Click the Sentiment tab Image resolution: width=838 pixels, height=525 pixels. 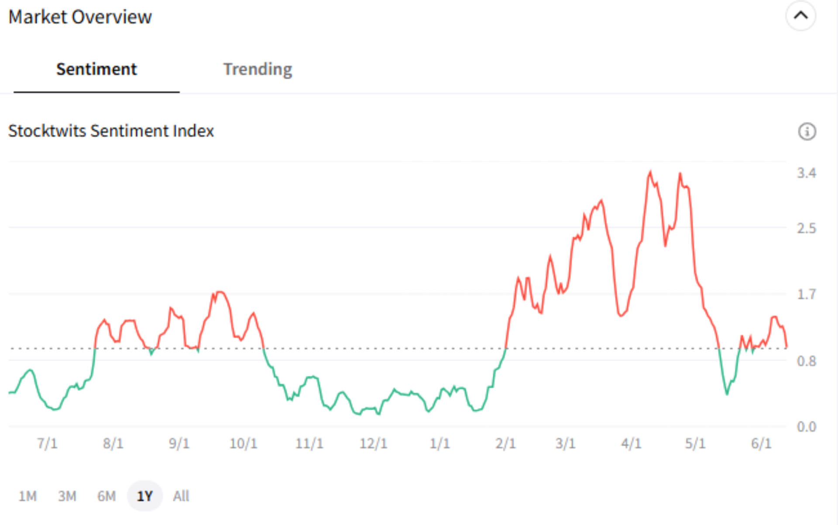[96, 69]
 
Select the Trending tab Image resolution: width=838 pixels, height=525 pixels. [258, 69]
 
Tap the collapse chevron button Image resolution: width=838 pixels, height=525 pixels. [800, 16]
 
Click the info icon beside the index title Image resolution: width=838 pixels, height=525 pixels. [807, 131]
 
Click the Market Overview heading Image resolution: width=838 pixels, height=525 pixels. [80, 17]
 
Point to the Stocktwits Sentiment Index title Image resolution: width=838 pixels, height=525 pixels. [111, 131]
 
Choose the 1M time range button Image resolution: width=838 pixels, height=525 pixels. [27, 496]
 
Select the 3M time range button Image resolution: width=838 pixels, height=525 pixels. [67, 496]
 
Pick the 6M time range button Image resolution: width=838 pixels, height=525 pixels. [106, 496]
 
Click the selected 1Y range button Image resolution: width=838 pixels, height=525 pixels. [145, 496]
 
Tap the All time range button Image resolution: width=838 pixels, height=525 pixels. [181, 496]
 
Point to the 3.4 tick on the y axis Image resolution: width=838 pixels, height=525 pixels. [806, 173]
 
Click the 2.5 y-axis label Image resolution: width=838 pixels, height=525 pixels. [806, 228]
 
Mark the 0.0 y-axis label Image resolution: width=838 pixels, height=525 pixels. [806, 426]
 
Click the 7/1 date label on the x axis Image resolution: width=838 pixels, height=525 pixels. [47, 443]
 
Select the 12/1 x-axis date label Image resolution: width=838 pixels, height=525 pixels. [373, 443]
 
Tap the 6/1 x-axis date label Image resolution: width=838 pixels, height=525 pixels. [761, 443]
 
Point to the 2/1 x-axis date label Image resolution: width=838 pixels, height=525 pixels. [505, 443]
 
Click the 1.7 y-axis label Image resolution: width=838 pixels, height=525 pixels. [806, 294]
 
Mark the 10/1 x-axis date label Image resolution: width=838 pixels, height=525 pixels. [243, 443]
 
